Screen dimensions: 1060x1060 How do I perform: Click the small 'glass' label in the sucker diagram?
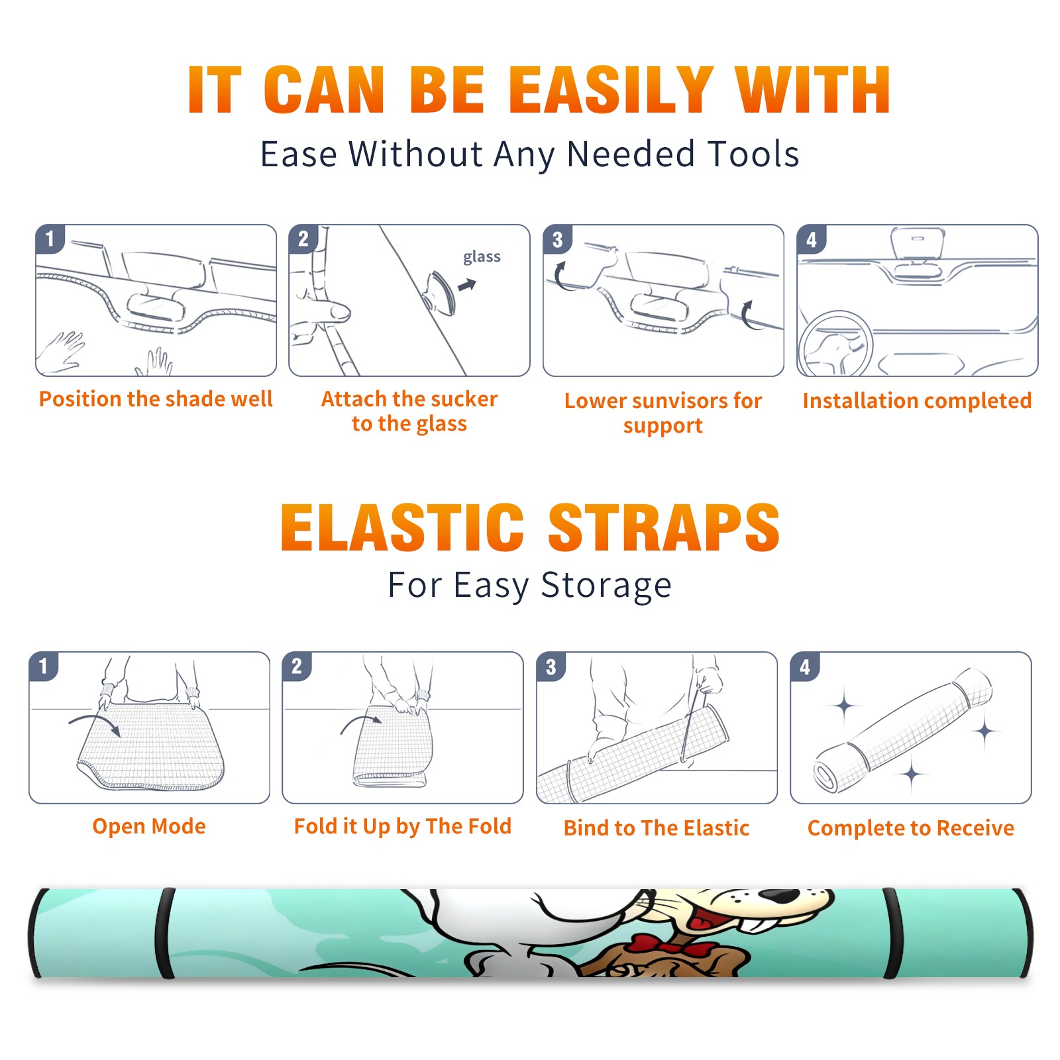(x=482, y=257)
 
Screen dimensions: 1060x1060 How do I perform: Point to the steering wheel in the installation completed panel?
(x=835, y=345)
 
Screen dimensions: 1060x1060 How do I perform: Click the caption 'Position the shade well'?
(x=156, y=399)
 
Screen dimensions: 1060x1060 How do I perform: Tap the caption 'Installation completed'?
(x=917, y=401)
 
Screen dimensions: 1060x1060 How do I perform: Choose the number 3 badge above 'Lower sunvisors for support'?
(x=557, y=239)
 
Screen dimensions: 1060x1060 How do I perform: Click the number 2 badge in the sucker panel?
(x=303, y=238)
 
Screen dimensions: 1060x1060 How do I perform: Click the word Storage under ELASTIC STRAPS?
(x=606, y=586)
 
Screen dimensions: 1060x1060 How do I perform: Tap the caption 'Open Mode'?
(x=149, y=826)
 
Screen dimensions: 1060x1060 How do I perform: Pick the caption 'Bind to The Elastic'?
(x=657, y=828)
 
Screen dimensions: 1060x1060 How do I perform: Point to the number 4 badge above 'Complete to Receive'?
(x=805, y=666)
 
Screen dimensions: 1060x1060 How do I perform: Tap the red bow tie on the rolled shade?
(x=672, y=946)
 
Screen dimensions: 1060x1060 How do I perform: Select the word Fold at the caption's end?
(x=490, y=826)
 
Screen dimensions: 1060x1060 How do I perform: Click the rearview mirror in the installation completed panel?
(x=917, y=243)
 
